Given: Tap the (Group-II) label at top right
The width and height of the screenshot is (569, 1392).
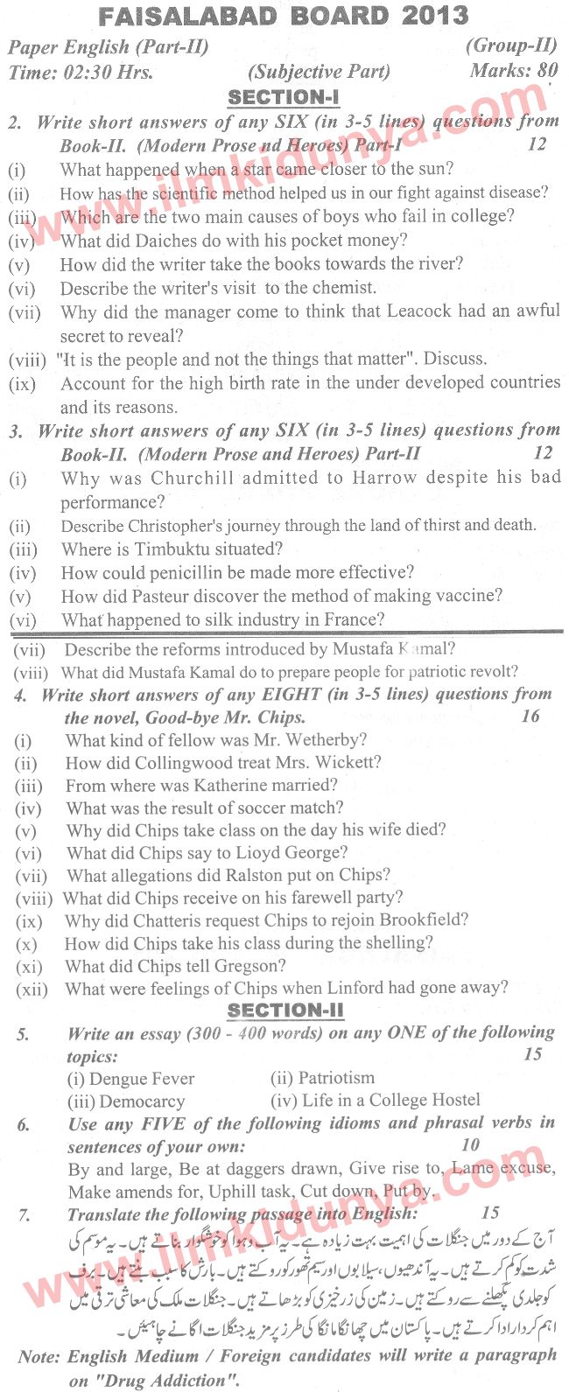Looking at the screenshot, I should click(x=511, y=45).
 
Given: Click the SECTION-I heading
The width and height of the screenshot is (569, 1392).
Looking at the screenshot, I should click(x=284, y=97).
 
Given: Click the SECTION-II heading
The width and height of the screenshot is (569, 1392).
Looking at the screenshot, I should click(x=285, y=1011).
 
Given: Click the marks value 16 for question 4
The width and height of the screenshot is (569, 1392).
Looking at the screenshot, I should click(x=530, y=717).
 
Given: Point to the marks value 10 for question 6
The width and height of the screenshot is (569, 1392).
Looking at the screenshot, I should click(x=471, y=1144).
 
